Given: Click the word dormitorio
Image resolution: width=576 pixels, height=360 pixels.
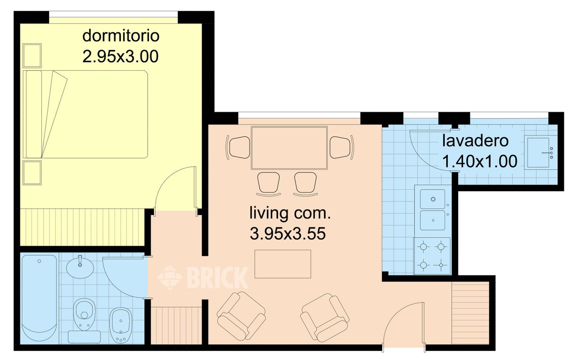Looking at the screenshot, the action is (121, 36).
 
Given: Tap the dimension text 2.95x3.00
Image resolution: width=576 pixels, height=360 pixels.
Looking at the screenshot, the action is (120, 57).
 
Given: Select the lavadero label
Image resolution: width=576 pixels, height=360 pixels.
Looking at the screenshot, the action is (475, 141).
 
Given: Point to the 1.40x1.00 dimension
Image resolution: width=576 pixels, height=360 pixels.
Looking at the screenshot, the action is (480, 161).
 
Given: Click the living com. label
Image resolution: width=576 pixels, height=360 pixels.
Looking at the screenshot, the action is (290, 213).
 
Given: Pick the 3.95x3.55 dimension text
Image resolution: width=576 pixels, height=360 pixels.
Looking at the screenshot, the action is (288, 234).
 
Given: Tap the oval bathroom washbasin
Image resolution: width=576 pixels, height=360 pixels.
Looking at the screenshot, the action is (80, 267).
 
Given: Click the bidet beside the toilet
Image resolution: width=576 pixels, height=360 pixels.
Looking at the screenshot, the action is (121, 325).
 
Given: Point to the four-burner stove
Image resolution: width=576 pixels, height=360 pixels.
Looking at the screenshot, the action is (432, 256).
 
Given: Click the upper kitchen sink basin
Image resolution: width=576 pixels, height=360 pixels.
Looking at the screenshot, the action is (432, 199).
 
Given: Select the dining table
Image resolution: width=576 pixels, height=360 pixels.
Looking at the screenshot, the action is (289, 148).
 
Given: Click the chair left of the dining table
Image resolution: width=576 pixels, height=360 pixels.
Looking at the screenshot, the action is (238, 147).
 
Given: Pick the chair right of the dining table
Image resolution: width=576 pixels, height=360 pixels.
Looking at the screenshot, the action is (342, 147).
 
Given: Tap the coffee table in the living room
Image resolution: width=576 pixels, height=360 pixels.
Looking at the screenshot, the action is (283, 264).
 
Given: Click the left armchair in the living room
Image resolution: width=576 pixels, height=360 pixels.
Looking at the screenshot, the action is (241, 316).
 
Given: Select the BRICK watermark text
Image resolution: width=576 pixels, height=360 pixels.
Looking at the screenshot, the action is (217, 278).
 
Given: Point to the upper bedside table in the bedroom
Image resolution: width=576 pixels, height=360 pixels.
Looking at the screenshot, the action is (32, 56).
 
